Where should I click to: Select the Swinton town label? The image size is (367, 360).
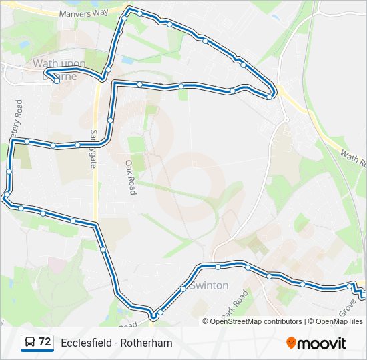[x=209, y=285]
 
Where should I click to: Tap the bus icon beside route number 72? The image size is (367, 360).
[x=30, y=343]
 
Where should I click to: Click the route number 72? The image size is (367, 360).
[x=45, y=342]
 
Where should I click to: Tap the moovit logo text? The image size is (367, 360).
[x=322, y=343]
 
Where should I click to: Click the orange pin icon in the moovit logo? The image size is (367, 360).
[x=291, y=343]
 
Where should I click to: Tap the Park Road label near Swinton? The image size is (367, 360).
[x=234, y=303]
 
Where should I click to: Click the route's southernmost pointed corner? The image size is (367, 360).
[x=153, y=316]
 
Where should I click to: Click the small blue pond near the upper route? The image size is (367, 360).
[x=127, y=60]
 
